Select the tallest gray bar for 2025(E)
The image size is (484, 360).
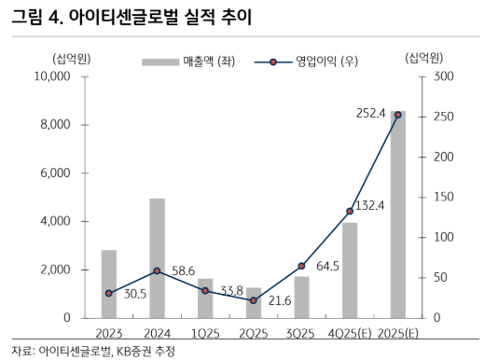397,215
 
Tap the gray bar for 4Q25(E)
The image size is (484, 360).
350,270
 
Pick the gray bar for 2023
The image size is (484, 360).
108,284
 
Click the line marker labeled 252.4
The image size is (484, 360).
397,115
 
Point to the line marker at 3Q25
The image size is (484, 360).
301,266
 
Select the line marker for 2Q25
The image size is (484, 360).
253,300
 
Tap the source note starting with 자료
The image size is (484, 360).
93,351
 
